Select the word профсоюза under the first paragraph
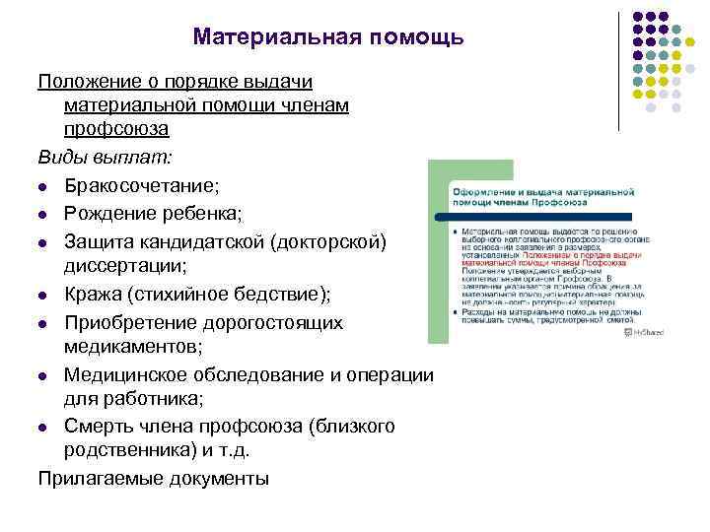click(116, 129)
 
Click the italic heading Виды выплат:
click(105, 157)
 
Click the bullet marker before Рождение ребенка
click(43, 214)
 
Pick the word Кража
click(93, 295)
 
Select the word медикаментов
click(132, 347)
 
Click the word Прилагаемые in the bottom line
click(99, 479)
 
